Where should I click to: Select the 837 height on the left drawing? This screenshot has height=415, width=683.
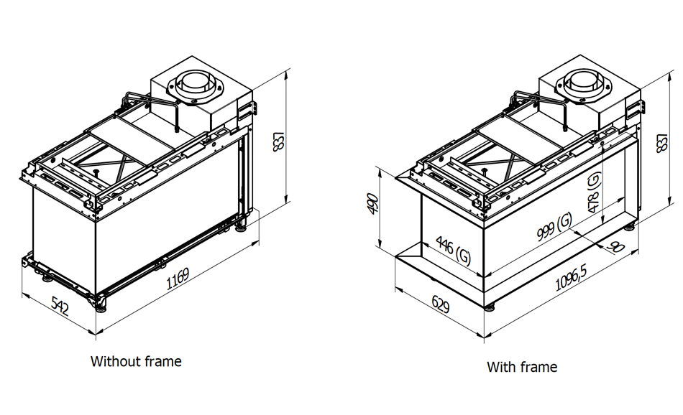click(280, 144)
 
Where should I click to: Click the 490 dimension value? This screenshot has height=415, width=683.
click(372, 204)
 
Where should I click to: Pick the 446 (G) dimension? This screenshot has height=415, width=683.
click(453, 251)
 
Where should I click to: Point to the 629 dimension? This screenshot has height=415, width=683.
click(440, 307)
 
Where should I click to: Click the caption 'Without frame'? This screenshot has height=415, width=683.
click(136, 361)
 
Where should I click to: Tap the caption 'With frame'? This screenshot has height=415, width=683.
click(522, 367)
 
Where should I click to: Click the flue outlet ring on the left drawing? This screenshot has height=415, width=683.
click(195, 83)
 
